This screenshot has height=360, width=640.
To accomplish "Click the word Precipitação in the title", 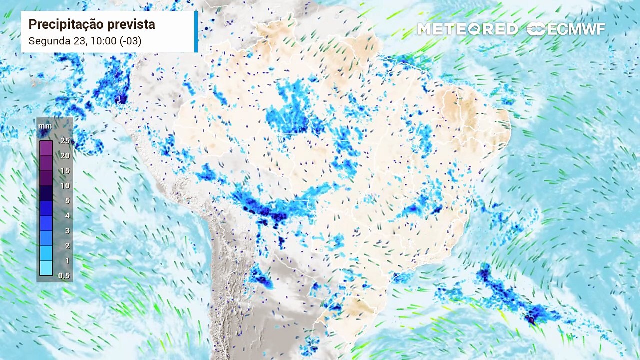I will [60, 24].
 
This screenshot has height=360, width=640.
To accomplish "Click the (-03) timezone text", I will [130, 41].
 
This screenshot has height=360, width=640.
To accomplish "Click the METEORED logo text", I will [468, 29].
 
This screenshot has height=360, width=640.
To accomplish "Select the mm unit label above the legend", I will [45, 126].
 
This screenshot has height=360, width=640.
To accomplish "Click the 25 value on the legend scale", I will [65, 141].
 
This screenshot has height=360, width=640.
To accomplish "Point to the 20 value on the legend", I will [65, 156].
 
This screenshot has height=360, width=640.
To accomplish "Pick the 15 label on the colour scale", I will [65, 171].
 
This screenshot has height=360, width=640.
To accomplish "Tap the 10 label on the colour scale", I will [65, 186].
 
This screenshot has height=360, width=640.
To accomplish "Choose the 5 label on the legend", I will [67, 201].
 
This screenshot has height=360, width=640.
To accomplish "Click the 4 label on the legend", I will [67, 216].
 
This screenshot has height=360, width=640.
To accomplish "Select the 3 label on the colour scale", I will [67, 231].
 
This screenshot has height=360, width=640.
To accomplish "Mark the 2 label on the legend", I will [67, 246].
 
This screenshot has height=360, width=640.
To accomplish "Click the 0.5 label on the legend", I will [64, 276].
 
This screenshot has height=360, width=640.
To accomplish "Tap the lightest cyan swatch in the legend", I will [46, 268].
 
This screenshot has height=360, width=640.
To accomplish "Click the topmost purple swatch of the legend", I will [46, 148].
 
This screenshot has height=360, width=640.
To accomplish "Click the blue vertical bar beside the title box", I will [196, 31].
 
